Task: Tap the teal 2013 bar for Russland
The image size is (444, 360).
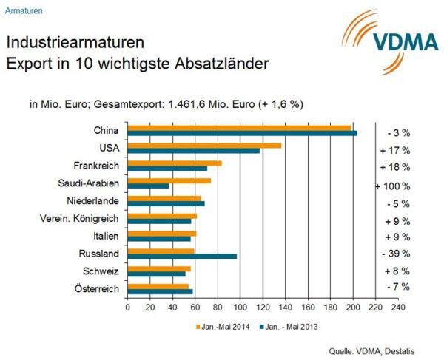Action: click(x=182, y=257)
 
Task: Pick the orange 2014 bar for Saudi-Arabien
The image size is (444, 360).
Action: click(x=169, y=181)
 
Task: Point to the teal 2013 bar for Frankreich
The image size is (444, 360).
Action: click(x=167, y=169)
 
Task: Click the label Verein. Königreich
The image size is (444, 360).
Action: click(x=79, y=218)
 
